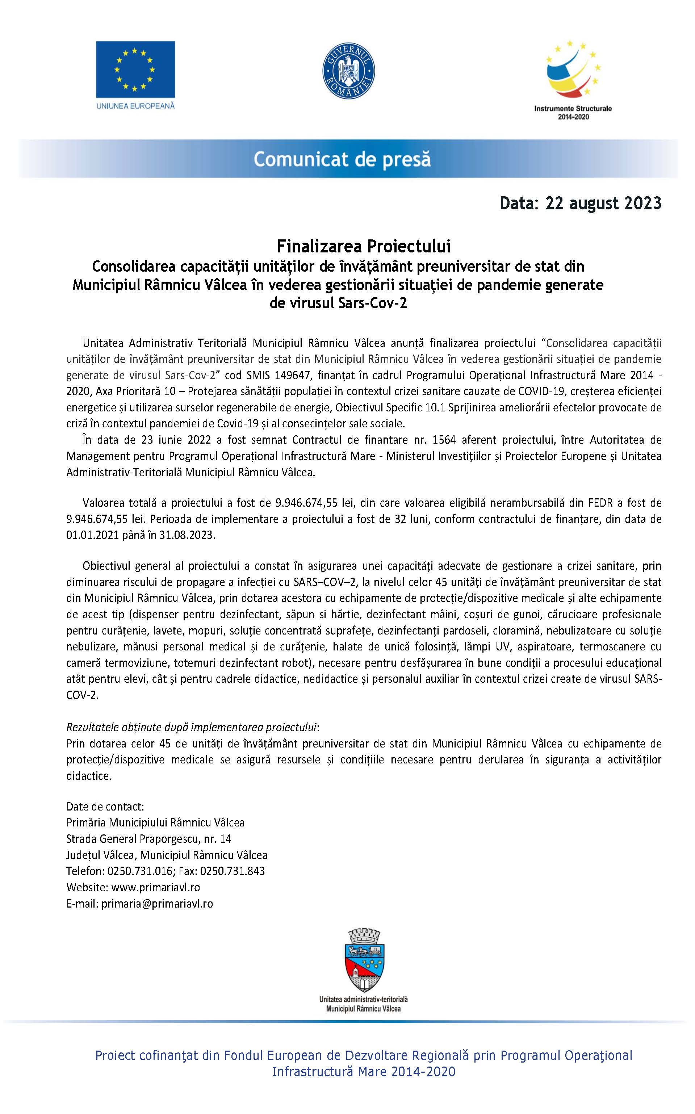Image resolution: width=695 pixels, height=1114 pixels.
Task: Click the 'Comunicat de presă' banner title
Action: [x=342, y=159]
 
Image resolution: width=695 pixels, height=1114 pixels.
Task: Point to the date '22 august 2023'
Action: [x=603, y=203]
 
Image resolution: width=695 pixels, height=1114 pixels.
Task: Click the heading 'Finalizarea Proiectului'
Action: [x=363, y=247]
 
